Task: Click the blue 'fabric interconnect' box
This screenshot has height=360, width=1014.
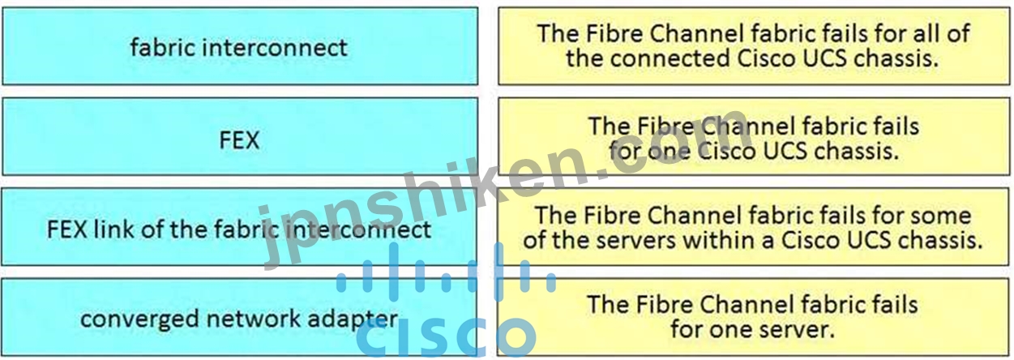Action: (239, 47)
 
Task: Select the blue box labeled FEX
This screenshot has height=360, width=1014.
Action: (239, 139)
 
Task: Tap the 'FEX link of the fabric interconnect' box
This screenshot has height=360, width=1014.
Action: (239, 229)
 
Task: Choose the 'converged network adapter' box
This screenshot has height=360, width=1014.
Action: (239, 319)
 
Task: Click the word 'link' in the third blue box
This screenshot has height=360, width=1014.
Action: (122, 229)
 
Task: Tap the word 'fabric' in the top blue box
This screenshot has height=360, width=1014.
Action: (163, 47)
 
